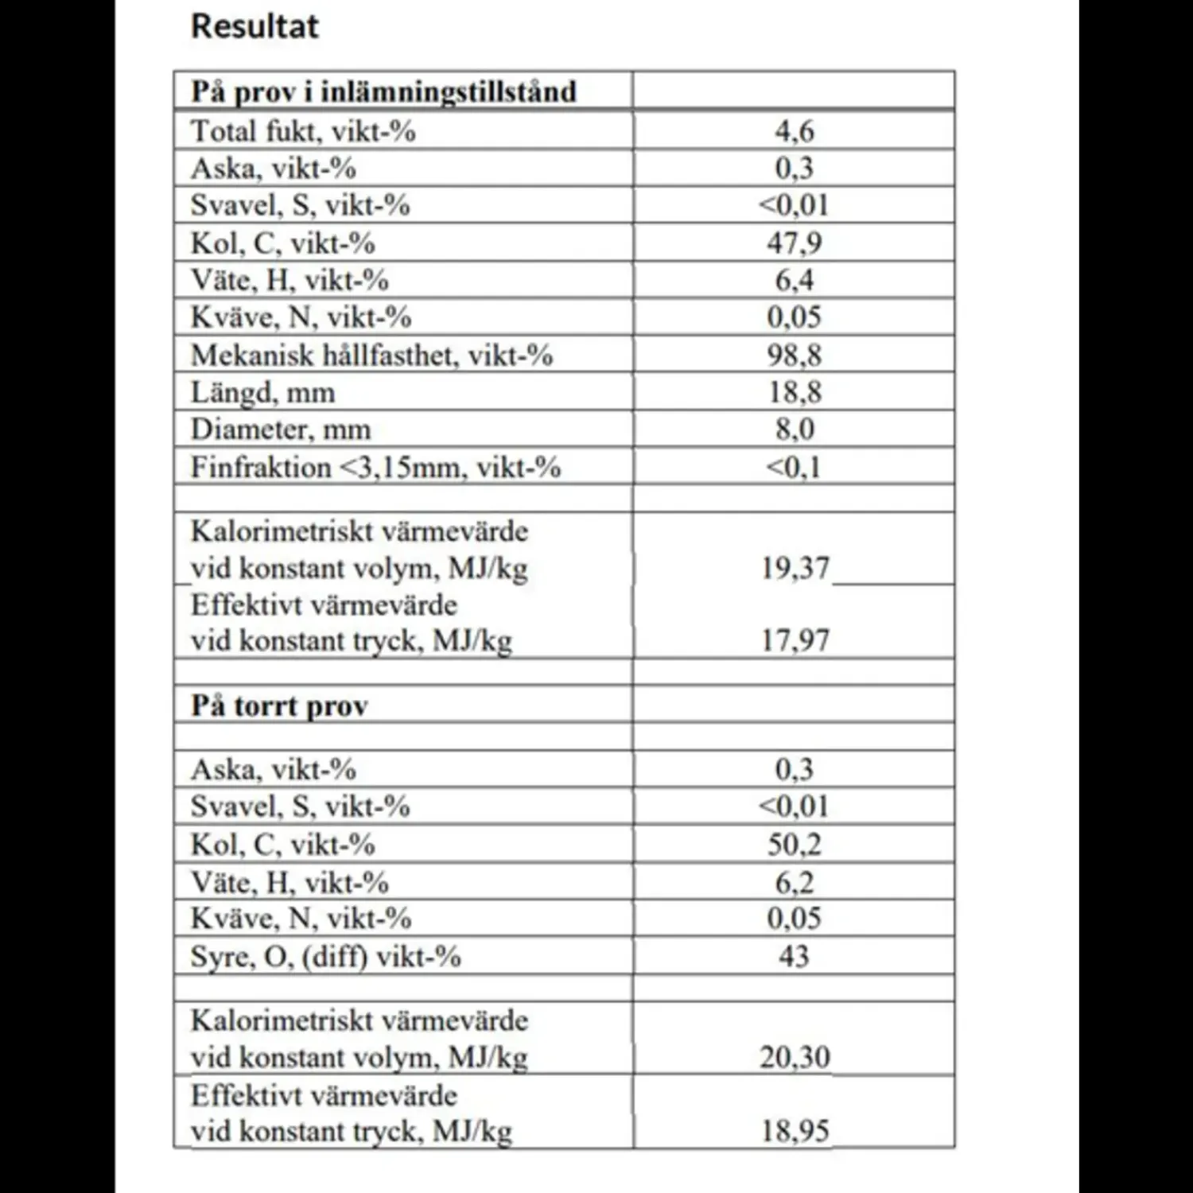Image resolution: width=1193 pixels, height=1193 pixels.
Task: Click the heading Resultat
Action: point(255,26)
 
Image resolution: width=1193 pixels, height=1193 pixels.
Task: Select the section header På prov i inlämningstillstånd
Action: point(383,91)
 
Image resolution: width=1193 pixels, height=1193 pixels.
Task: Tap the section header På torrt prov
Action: point(279,705)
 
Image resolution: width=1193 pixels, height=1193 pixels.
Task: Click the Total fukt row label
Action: point(303,131)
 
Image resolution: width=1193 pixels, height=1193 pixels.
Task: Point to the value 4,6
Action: point(795,131)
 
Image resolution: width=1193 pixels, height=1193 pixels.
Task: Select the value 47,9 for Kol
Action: point(795,243)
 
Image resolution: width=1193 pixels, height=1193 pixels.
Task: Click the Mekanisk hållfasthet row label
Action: point(371,355)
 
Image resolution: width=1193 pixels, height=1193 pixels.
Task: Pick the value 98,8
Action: point(795,355)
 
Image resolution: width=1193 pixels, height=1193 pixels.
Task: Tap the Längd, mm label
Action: point(262,392)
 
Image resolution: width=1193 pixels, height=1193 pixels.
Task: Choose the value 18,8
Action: point(795,392)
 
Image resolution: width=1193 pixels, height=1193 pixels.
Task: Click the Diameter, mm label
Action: point(281,429)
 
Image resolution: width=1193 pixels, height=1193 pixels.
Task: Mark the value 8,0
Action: point(795,429)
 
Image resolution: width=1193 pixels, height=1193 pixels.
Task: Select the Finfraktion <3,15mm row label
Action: point(375,467)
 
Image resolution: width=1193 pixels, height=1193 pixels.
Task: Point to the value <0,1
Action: point(793,467)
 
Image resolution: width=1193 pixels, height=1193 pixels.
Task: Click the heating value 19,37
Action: point(795,568)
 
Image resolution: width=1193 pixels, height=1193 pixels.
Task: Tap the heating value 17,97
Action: point(795,640)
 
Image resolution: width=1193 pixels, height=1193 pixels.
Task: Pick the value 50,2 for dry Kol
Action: point(795,845)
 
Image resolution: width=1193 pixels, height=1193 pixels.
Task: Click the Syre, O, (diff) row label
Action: point(325,956)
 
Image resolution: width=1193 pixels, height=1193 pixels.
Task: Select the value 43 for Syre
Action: point(794,956)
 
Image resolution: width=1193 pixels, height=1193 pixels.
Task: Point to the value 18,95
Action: point(795,1131)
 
